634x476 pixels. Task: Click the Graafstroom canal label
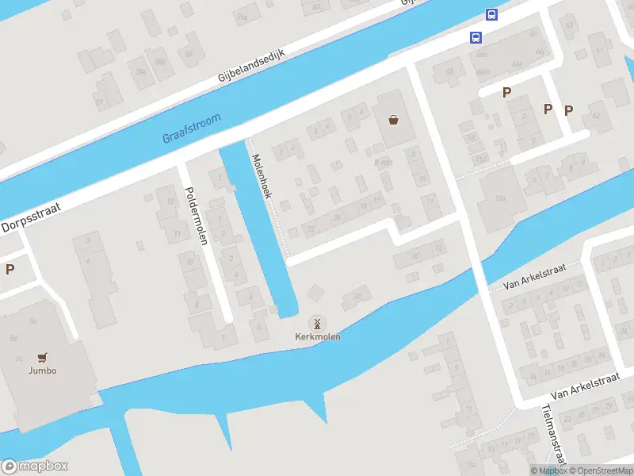pyautogui.click(x=191, y=128)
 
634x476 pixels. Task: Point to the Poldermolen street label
pyautogui.click(x=195, y=215)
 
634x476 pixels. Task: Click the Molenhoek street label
pyautogui.click(x=262, y=175)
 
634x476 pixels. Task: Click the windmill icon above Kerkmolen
pyautogui.click(x=316, y=323)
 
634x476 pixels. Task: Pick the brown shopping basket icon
pyautogui.click(x=393, y=121)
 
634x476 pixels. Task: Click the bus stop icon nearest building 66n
pyautogui.click(x=475, y=37)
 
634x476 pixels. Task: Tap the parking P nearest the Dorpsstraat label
pyautogui.click(x=10, y=269)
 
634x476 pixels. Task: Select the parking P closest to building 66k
pyautogui.click(x=506, y=93)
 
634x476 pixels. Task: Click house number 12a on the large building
pyautogui.click(x=500, y=198)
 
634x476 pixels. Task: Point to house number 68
pyautogui.click(x=449, y=73)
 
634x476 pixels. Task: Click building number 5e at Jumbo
pyautogui.click(x=33, y=321)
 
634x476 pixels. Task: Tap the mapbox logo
pyautogui.click(x=35, y=466)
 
